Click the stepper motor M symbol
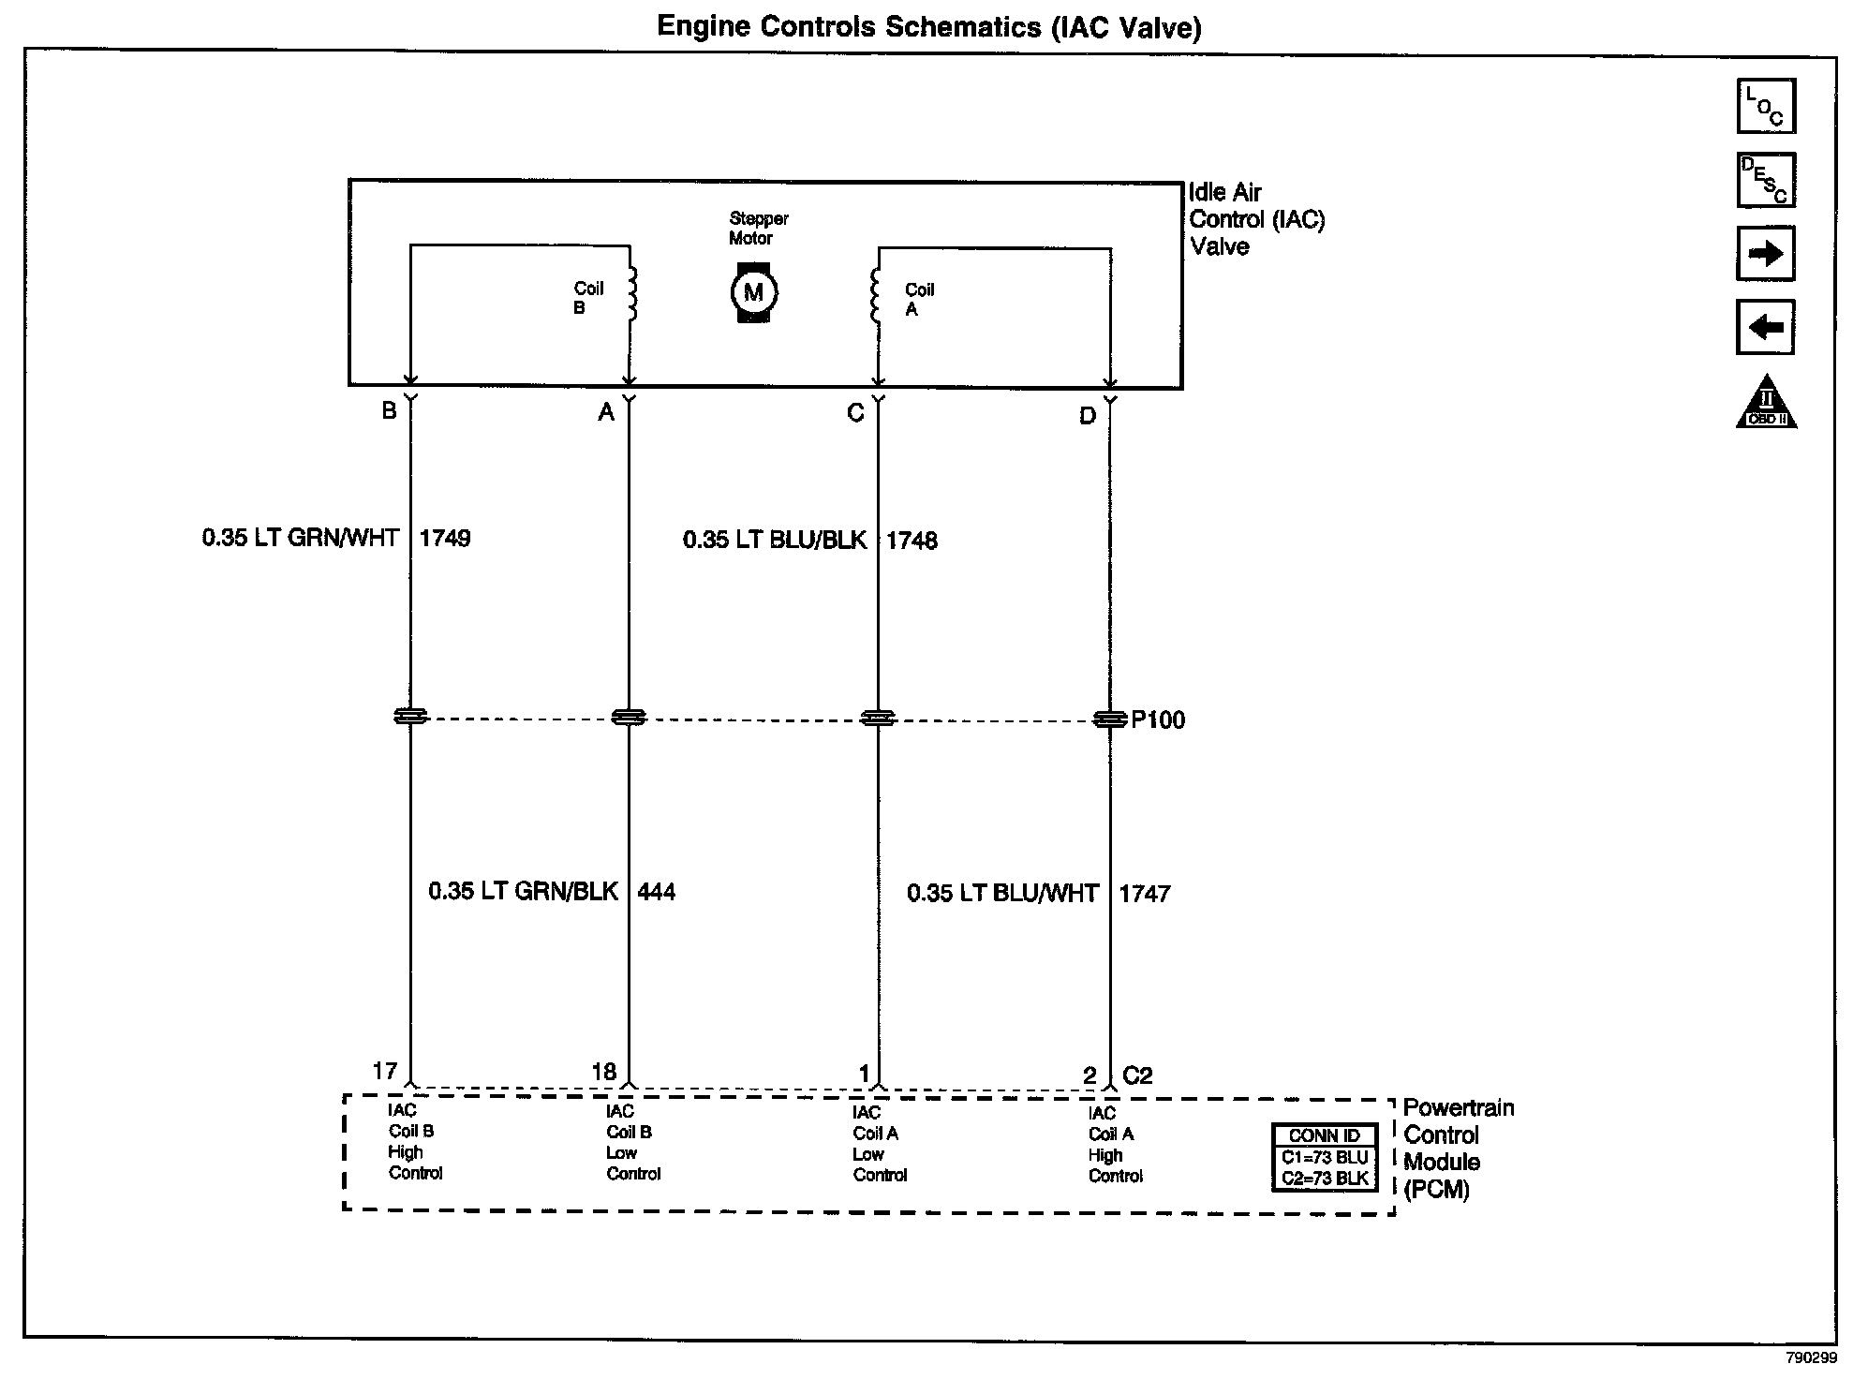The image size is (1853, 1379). pos(753,292)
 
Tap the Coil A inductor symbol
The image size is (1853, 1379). pos(876,296)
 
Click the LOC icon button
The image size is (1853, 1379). pos(1766,106)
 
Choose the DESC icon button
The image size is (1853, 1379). pos(1766,180)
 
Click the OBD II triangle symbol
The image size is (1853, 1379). pos(1766,405)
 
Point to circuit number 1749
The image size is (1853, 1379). pos(445,539)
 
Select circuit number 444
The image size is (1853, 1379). pos(656,892)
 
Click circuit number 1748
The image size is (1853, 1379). pos(912,541)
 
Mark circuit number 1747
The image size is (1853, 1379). pos(1145,894)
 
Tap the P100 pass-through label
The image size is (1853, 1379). pos(1158,720)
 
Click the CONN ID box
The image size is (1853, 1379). pos(1325,1158)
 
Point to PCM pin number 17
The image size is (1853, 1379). pos(385,1071)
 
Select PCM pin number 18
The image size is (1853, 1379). pos(604,1072)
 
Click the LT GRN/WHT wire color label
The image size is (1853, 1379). pos(301,539)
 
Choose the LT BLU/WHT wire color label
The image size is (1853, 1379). pos(1002,894)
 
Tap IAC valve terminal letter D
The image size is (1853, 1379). pos(1087,416)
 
